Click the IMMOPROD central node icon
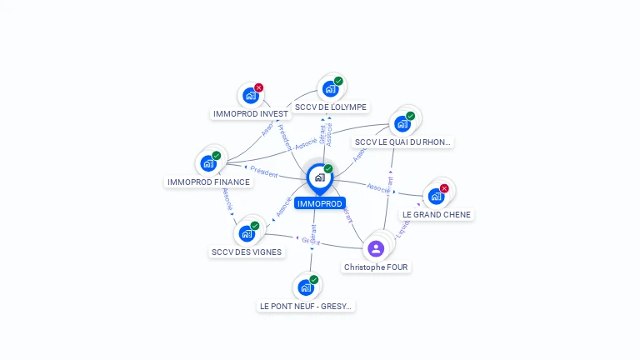pyautogui.click(x=319, y=177)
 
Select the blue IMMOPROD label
pyautogui.click(x=319, y=203)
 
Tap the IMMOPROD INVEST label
pyautogui.click(x=251, y=113)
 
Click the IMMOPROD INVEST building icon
pyautogui.click(x=250, y=95)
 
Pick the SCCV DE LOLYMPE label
pyautogui.click(x=331, y=107)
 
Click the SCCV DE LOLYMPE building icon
pyautogui.click(x=330, y=88)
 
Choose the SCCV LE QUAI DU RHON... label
pyautogui.click(x=402, y=142)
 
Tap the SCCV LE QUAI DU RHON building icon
pyautogui.click(x=402, y=124)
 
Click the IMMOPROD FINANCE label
pyautogui.click(x=208, y=182)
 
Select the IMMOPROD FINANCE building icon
pyautogui.click(x=208, y=163)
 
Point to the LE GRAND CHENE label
pyautogui.click(x=437, y=214)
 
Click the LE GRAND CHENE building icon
pyautogui.click(x=436, y=197)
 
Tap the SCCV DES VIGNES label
pyautogui.click(x=247, y=252)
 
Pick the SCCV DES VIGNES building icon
pyautogui.click(x=247, y=233)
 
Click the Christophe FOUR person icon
pyautogui.click(x=376, y=248)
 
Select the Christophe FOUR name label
pyautogui.click(x=377, y=267)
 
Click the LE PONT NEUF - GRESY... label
pyautogui.click(x=307, y=306)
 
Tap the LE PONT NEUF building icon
pyautogui.click(x=306, y=287)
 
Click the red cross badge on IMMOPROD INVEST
pyautogui.click(x=259, y=87)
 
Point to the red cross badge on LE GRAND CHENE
pyautogui.click(x=444, y=188)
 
